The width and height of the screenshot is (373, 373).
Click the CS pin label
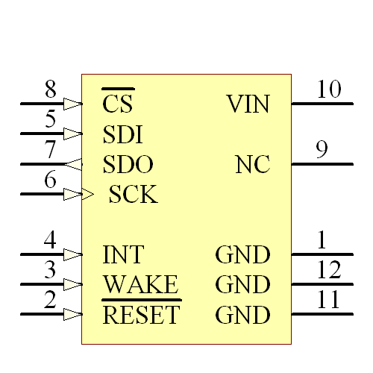tap(117, 104)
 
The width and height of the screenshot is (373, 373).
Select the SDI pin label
tap(123, 134)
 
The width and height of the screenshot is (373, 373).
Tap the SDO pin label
tap(128, 165)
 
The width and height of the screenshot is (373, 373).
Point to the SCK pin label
tap(133, 195)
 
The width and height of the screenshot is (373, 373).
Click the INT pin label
tap(123, 255)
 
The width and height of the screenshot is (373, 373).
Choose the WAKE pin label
tap(140, 285)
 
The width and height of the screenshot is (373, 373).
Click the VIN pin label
tap(248, 104)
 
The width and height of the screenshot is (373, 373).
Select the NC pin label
tap(252, 165)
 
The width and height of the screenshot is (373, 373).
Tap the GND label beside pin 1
tap(242, 255)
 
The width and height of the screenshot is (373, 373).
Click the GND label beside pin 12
tap(242, 285)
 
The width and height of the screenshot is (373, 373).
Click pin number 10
tap(328, 90)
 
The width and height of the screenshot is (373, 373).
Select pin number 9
tap(322, 150)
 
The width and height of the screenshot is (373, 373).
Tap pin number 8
tap(50, 90)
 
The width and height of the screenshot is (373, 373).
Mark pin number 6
tap(50, 181)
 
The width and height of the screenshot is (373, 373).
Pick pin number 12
tap(328, 271)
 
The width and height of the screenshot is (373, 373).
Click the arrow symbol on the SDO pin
tap(74, 164)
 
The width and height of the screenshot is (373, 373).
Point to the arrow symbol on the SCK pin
tap(78, 195)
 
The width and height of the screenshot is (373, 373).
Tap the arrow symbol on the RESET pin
tap(73, 314)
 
